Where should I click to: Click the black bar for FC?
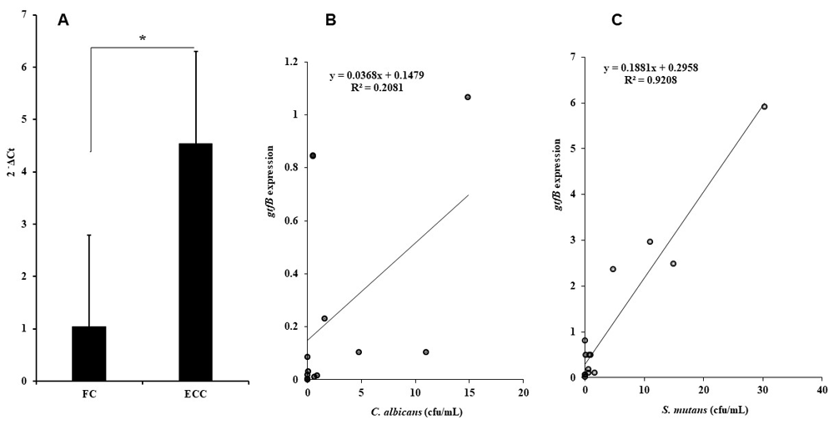(x=88, y=353)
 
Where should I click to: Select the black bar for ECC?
(x=195, y=262)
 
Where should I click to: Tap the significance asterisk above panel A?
(x=143, y=38)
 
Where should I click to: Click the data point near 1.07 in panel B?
(x=468, y=97)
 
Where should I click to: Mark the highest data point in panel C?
(x=764, y=107)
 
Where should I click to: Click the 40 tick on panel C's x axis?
(x=821, y=391)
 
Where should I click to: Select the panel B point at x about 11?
(x=425, y=352)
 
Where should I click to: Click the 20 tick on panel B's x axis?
(x=523, y=392)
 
